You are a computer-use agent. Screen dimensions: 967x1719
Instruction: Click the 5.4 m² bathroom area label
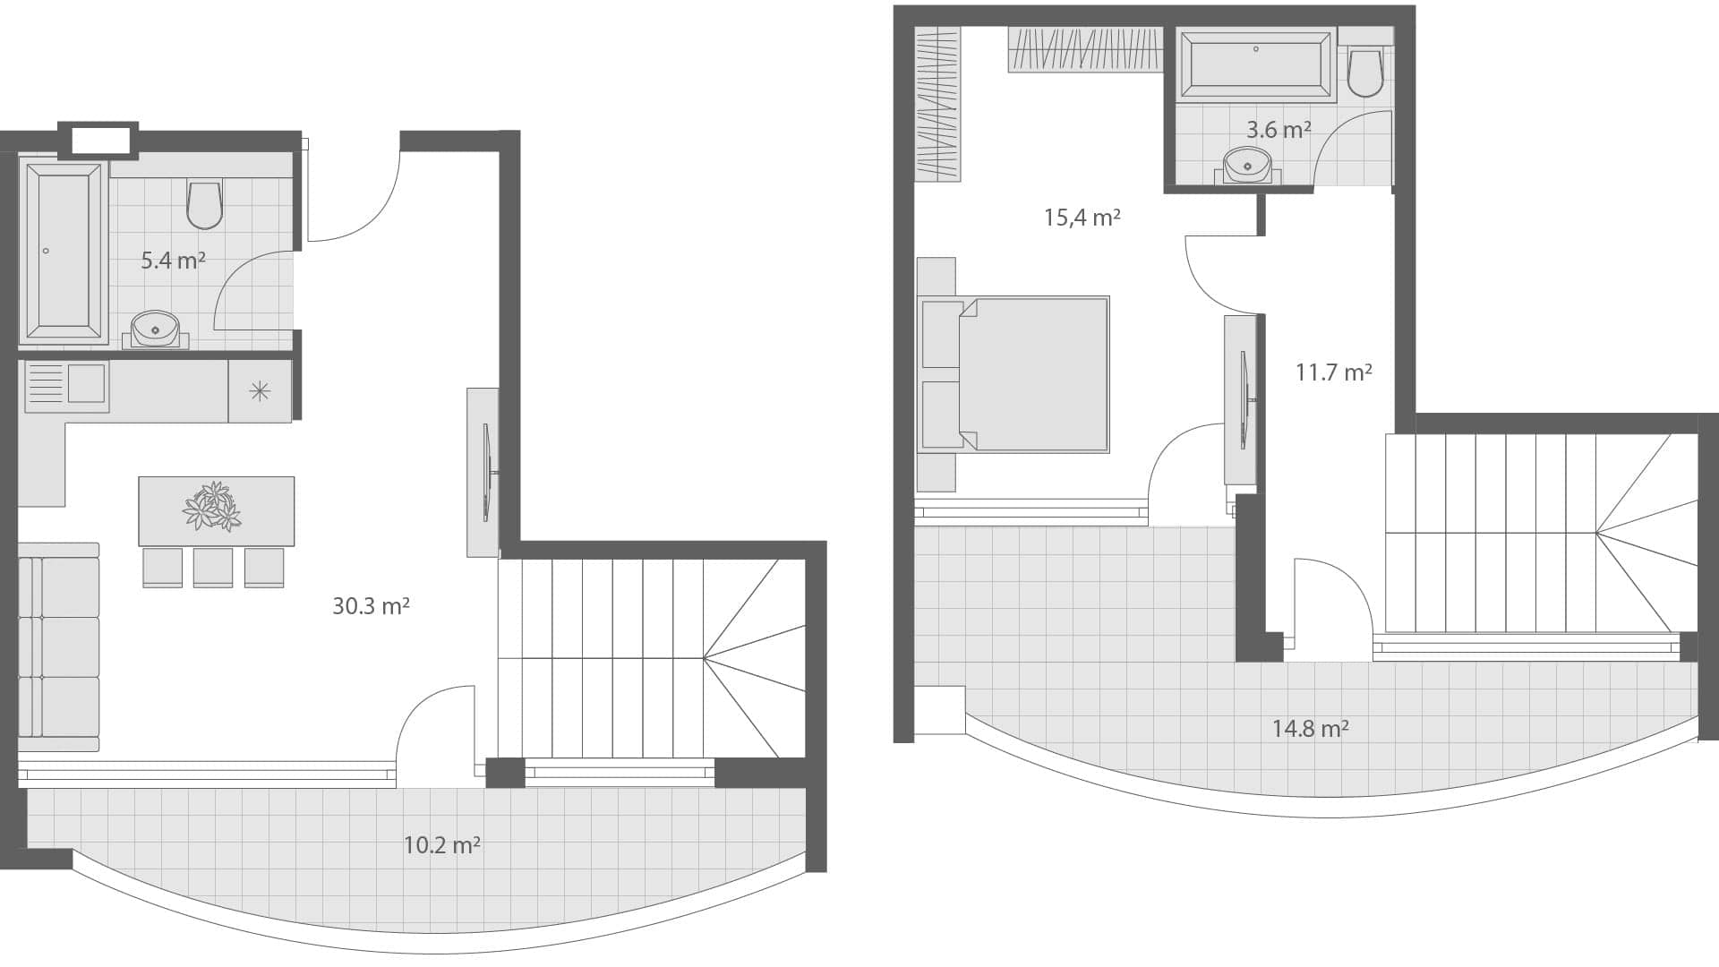tap(173, 261)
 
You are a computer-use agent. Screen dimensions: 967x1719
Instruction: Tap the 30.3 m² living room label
tap(371, 606)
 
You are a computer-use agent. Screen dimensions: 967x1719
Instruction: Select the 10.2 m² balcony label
tap(441, 844)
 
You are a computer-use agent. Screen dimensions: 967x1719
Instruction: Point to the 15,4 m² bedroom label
tap(1082, 218)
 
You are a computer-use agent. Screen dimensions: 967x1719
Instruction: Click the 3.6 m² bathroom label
tap(1279, 130)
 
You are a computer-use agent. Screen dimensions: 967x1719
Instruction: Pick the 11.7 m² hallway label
tap(1333, 372)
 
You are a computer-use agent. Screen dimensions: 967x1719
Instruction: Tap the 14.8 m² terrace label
tap(1310, 728)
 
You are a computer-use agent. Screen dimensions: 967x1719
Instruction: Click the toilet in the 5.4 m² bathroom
tap(204, 205)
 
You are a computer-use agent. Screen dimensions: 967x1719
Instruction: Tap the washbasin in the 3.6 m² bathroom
tap(1246, 166)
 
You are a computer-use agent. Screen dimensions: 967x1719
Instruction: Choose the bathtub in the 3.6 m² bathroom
tap(1256, 64)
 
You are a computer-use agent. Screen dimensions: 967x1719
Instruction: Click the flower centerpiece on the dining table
tap(213, 507)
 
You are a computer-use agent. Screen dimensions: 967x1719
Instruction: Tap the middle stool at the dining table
tap(213, 567)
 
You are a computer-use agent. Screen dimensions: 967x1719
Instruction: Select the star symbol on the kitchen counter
tap(259, 390)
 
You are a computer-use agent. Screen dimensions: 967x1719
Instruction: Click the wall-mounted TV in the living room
tap(488, 471)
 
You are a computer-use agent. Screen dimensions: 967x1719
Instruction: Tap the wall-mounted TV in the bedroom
tap(1244, 400)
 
